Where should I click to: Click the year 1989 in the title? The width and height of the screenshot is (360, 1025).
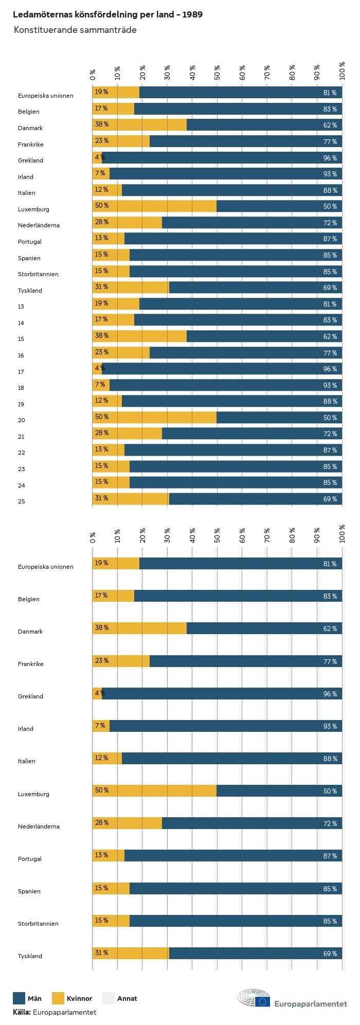pos(192,14)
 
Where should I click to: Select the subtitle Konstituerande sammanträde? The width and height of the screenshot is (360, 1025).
pos(75,30)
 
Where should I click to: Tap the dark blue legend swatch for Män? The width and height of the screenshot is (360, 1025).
pos(19,998)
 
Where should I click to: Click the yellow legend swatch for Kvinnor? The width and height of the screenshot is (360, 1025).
pos(58,998)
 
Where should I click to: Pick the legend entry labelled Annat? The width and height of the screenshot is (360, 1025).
pos(127,998)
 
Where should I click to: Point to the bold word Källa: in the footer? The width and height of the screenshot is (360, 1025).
pos(22,1012)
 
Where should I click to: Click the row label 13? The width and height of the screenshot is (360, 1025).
pos(21,307)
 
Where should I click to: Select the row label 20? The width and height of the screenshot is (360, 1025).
pos(21,420)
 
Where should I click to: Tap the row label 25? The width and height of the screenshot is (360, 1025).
pos(21,501)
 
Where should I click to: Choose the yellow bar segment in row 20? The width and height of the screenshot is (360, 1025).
pos(154,418)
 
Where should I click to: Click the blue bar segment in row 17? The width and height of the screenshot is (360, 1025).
pos(221,369)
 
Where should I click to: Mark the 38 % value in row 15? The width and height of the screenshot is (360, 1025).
pos(101,336)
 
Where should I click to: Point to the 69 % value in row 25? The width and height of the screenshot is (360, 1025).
pos(330,499)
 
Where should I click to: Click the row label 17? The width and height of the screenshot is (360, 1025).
pos(21,372)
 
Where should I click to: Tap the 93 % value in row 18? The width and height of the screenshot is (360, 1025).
pos(330,385)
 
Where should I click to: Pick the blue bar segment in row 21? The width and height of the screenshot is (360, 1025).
pos(252,434)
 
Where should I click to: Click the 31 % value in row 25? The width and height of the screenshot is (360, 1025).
pos(101,498)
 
